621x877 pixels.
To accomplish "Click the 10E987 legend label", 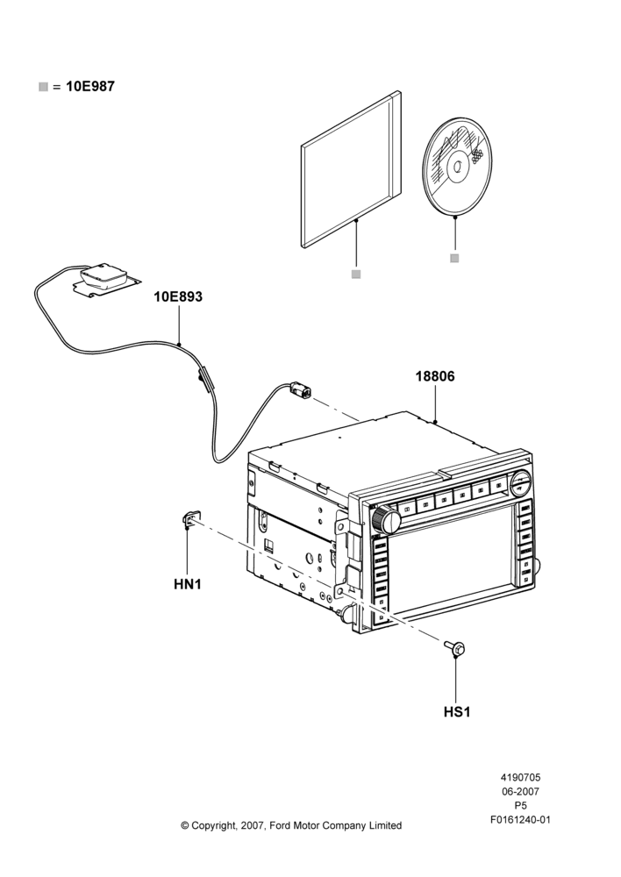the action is [x=90, y=87].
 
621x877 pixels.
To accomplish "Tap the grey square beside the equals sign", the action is [x=43, y=87].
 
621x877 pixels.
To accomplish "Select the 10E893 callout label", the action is [x=178, y=297].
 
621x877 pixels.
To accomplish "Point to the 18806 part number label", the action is [x=435, y=376].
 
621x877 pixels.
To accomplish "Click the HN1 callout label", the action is [x=188, y=584].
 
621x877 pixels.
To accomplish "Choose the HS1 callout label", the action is [x=456, y=712].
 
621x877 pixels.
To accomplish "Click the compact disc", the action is [x=455, y=167].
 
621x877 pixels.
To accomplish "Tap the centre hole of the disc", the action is [x=458, y=166].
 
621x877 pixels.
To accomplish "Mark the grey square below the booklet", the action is [x=356, y=274].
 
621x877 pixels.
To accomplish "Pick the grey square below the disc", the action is [x=454, y=258].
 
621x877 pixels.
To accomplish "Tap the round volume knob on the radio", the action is [x=385, y=519].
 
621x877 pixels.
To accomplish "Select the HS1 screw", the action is [x=455, y=647].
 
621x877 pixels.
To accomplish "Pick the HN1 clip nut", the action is [x=191, y=519].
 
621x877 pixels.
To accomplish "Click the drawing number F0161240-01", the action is [x=520, y=820].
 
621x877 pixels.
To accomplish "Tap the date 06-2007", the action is [x=520, y=791].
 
